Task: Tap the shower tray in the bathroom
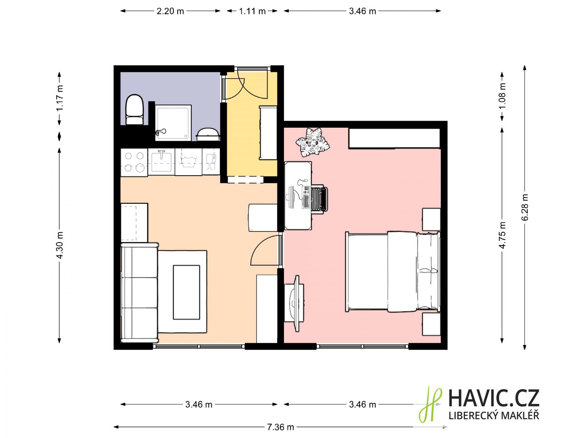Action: [x=173, y=122]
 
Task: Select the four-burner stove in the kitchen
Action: [x=134, y=162]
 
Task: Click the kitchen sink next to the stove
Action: [x=161, y=162]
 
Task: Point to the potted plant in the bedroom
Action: [x=312, y=142]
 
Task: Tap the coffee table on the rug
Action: [x=186, y=292]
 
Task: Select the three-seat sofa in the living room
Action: [x=140, y=292]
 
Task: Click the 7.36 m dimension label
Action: [x=280, y=427]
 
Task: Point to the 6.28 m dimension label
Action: [x=525, y=207]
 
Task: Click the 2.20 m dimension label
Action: [x=170, y=11]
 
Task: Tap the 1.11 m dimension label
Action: [x=252, y=11]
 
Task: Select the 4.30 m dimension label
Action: [x=59, y=245]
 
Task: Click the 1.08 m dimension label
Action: [x=502, y=96]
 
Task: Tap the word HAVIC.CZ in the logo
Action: [x=494, y=398]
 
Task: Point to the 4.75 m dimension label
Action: [x=502, y=235]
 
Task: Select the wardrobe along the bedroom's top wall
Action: [x=394, y=138]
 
